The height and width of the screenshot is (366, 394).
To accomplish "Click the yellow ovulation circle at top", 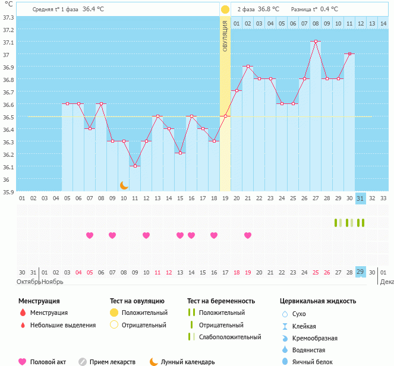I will [x=225, y=10].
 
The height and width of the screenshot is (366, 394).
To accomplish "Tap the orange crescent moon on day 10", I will [x=124, y=185].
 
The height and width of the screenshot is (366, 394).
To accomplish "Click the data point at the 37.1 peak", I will [x=316, y=42].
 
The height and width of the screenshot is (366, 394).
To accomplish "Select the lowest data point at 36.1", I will [x=135, y=166].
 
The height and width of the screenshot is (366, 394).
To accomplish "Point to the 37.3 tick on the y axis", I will [x=8, y=17].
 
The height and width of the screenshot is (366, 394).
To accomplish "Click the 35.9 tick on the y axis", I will [x=8, y=192].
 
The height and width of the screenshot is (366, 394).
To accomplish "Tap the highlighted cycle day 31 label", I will [x=361, y=198].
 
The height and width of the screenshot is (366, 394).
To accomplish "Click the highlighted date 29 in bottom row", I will [x=361, y=272].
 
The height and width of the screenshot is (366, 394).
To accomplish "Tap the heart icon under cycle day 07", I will [x=90, y=235].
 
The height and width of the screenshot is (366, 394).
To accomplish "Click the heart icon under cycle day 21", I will [x=248, y=235].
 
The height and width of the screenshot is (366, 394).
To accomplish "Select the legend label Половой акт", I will [x=49, y=362].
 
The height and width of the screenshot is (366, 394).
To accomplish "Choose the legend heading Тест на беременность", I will [x=221, y=301].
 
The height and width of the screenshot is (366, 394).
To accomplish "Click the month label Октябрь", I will [x=28, y=282].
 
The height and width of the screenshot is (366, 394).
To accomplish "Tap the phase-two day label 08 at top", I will [x=316, y=23].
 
